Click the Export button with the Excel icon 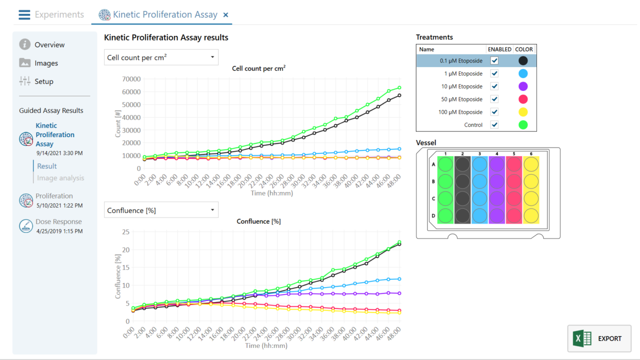coord(599,338)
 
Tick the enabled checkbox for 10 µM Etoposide coord(494,86)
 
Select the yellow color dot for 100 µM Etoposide coord(523,112)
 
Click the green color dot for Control coord(523,125)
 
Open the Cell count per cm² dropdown coord(161,57)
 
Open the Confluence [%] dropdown coord(161,210)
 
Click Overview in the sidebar coord(49,44)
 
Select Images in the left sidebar coord(46,63)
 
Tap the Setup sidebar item coord(43,81)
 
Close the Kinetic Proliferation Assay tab coord(225,15)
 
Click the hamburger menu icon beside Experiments coord(24,14)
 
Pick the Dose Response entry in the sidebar coord(58,221)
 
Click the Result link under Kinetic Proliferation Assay coord(47,166)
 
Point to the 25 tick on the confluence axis coord(125,232)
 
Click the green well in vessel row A coord(445,164)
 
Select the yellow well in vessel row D coord(531,215)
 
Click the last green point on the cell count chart coord(399,88)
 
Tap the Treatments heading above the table coord(434,37)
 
